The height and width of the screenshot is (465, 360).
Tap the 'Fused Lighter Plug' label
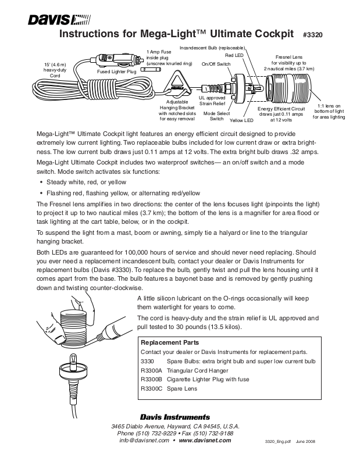[x=116, y=71]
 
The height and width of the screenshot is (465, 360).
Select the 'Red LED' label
[x=234, y=54]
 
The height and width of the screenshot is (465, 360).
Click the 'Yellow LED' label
[x=241, y=120]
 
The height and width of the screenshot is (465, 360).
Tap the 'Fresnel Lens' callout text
[x=289, y=58]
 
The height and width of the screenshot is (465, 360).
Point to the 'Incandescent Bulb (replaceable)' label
[x=213, y=46]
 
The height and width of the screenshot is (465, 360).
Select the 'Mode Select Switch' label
[x=217, y=116]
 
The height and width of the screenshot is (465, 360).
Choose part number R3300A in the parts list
[x=151, y=370]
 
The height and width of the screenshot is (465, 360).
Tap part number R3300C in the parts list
[x=151, y=389]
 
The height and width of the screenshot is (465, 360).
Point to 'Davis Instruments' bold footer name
[x=174, y=417]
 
